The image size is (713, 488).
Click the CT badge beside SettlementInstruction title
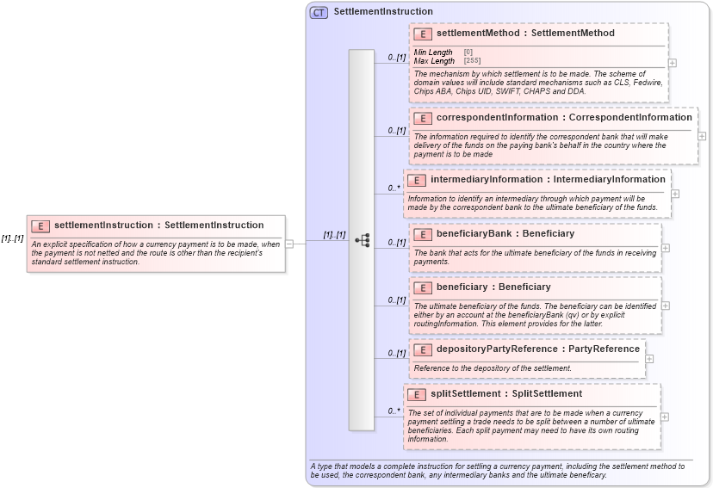[319, 13]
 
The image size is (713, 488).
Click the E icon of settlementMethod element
[423, 34]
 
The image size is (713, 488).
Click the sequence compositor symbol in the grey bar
[362, 240]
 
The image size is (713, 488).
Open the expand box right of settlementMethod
[672, 63]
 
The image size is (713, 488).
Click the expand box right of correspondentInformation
[702, 136]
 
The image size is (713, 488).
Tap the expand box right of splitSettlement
[665, 417]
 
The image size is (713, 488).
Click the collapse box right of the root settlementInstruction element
[289, 244]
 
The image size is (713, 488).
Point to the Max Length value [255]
[472, 61]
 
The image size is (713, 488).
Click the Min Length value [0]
[468, 53]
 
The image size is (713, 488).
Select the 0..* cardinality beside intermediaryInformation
[394, 187]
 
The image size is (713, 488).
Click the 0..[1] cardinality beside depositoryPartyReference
[396, 353]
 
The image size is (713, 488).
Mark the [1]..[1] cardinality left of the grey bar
[334, 234]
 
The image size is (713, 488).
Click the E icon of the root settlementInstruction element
[40, 225]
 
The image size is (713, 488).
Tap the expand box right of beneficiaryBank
[666, 248]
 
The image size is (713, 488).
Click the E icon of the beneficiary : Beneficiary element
[423, 287]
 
